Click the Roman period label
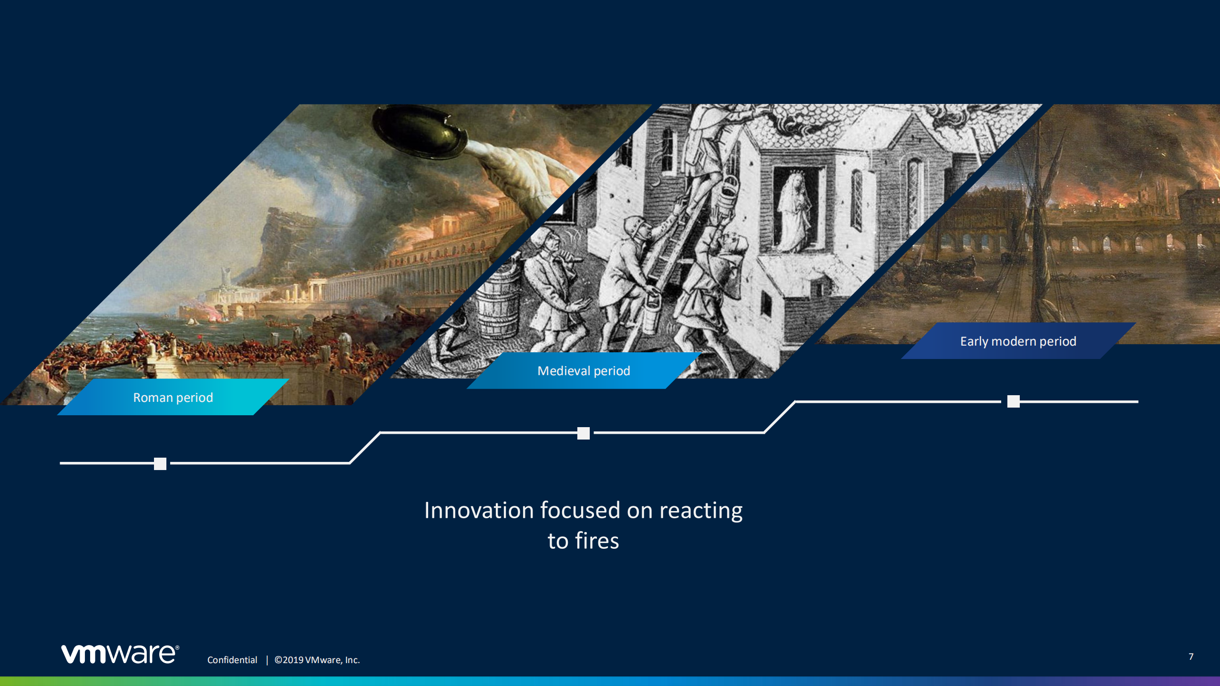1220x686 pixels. (173, 397)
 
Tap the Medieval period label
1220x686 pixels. (584, 370)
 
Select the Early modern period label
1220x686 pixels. (1018, 341)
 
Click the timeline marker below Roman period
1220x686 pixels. (160, 463)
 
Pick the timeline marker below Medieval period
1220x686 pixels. (584, 433)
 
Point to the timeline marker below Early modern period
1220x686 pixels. (1014, 401)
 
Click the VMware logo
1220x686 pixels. (120, 654)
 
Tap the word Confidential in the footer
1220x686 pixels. (232, 660)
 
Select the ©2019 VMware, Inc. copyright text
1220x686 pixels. (317, 660)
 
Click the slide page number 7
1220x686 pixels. (1191, 656)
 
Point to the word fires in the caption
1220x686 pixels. (597, 541)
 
